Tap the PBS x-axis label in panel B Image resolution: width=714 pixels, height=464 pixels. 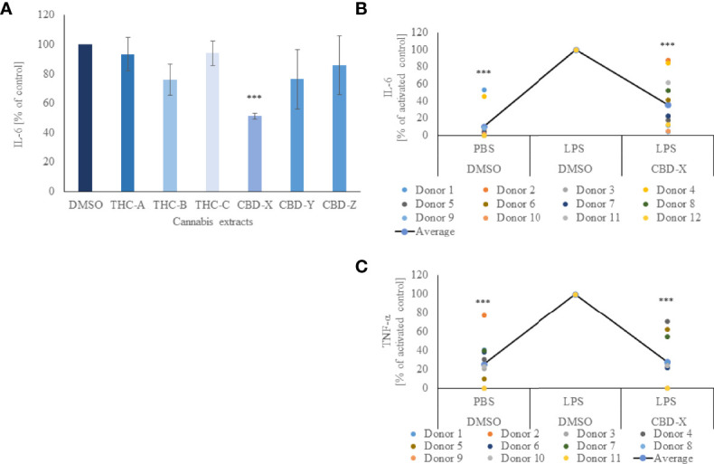click(x=483, y=147)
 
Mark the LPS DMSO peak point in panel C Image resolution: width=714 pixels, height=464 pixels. click(x=576, y=294)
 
